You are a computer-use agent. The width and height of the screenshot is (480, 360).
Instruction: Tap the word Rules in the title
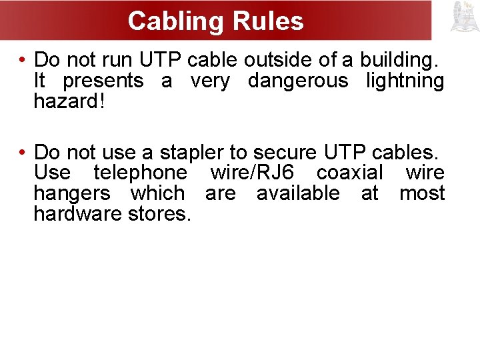tap(268, 21)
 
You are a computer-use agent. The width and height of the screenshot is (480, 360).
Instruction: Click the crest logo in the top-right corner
tap(465, 17)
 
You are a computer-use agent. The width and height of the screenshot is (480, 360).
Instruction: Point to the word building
tap(399, 60)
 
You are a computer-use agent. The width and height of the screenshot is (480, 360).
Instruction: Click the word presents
tap(103, 81)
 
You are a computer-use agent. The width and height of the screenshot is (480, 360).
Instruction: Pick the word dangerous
tap(298, 81)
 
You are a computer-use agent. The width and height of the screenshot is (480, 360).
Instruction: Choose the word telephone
tap(141, 173)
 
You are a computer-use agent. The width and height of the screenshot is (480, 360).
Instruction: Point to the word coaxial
tap(350, 173)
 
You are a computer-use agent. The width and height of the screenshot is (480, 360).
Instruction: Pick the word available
tap(298, 193)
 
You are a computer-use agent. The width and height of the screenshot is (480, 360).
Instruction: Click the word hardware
tap(76, 214)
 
